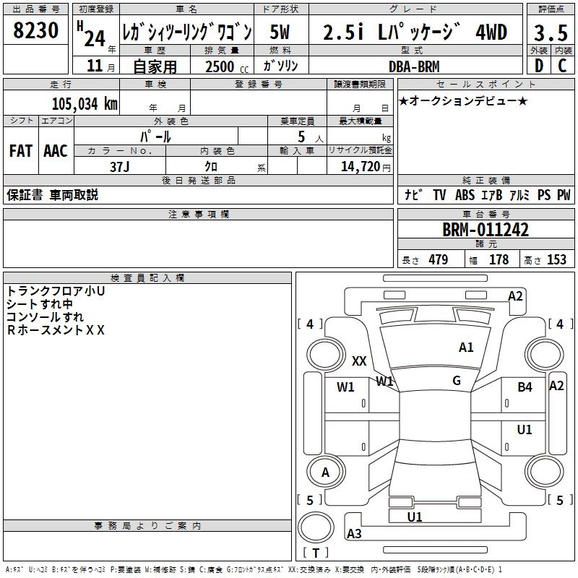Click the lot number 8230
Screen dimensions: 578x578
(36, 32)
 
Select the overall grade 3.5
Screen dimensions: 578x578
(551, 33)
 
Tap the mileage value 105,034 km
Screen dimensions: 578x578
(85, 104)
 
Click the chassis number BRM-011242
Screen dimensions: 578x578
(486, 230)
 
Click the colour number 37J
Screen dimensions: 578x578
(120, 166)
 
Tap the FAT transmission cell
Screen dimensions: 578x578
(21, 151)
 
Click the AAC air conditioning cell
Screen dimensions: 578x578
(56, 151)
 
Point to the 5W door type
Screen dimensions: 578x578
(280, 33)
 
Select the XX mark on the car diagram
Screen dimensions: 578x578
(359, 361)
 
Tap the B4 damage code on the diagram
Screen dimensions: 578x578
(525, 387)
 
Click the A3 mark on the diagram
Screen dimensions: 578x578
(354, 534)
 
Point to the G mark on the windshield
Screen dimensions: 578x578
(456, 381)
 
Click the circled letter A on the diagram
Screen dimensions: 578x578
(325, 473)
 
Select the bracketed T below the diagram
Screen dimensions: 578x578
(315, 553)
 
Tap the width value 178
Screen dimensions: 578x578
(499, 260)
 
